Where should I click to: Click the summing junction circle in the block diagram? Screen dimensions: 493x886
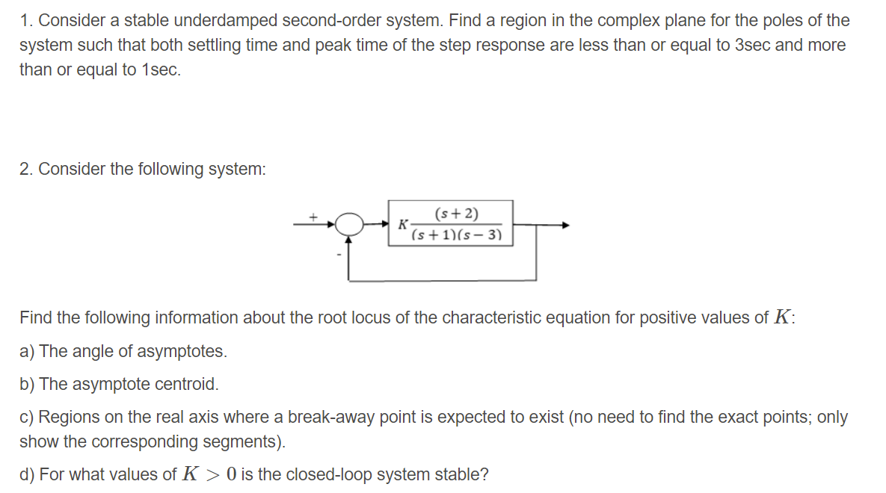coord(348,223)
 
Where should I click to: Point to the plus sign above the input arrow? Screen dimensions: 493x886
coord(315,217)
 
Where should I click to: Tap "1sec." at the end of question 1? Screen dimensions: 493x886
coord(161,70)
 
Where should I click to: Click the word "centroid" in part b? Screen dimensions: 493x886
coord(188,384)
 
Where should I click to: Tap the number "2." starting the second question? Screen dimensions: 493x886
coord(27,169)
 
